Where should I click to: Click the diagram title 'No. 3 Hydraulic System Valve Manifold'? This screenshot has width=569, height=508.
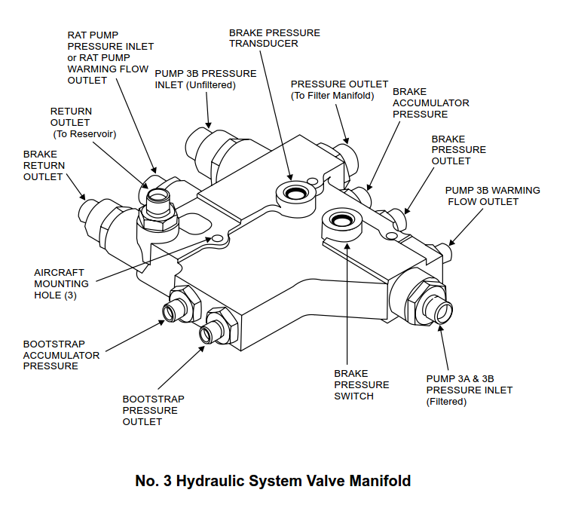pos(273,481)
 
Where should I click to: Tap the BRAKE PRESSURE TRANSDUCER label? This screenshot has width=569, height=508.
pos(274,38)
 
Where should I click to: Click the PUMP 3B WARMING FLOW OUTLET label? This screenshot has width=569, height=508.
pos(492,196)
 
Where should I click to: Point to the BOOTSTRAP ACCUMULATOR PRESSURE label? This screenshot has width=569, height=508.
pos(60,354)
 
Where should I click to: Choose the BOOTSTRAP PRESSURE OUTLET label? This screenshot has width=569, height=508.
pos(153,411)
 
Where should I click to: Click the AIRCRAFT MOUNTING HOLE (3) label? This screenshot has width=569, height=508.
pos(61,284)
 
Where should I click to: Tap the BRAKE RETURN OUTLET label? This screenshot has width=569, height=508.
pos(44,165)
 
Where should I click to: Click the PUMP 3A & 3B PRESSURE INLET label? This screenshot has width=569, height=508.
pos(469,390)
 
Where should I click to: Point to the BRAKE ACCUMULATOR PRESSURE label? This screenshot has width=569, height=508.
pos(430,103)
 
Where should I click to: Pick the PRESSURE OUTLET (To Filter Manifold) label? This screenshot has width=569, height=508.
pos(339,90)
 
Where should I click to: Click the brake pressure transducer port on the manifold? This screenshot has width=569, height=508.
pos(295,192)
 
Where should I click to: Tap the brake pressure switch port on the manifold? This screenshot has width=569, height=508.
pos(343,221)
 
